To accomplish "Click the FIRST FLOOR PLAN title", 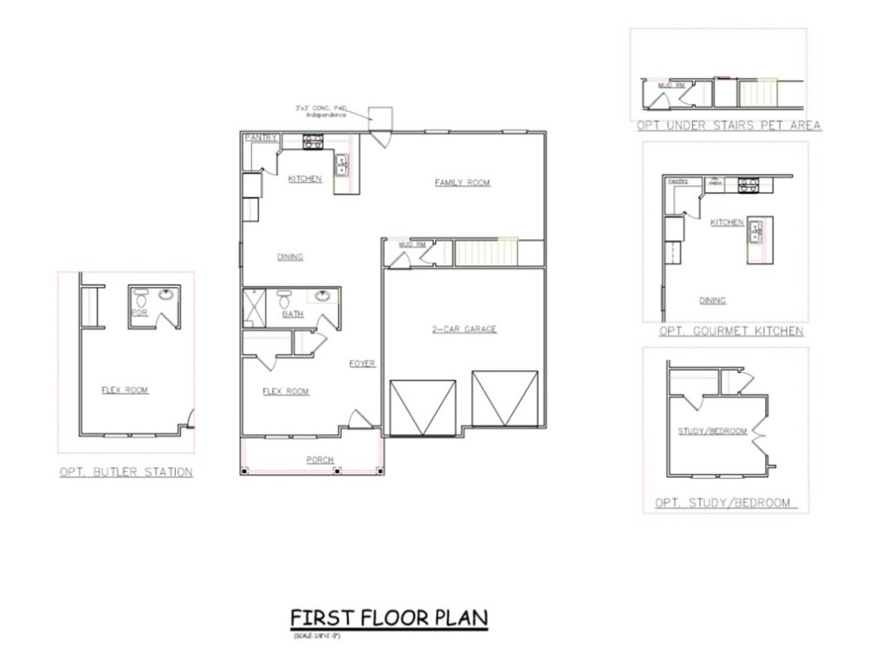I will point(389,618).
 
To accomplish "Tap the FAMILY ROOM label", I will point(462,183).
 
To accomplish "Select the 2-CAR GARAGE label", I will point(464,329).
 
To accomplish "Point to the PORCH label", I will point(320,460).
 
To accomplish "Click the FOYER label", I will point(362,364).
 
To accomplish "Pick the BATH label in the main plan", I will point(293,314).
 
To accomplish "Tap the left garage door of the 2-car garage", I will point(424,407).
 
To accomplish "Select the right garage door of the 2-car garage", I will point(504,399).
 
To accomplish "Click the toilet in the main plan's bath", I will point(283,300).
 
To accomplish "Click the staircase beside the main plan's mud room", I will point(486,252).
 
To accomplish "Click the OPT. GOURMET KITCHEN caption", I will point(731,332).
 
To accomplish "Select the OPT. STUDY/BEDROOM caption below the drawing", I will point(724,503).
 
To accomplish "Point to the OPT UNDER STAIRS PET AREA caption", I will point(729,126).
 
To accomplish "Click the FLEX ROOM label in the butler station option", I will point(125,391).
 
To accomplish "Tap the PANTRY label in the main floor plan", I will point(261,138).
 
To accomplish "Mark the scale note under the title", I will point(315,636).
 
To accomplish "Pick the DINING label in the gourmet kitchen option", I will point(713,301).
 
